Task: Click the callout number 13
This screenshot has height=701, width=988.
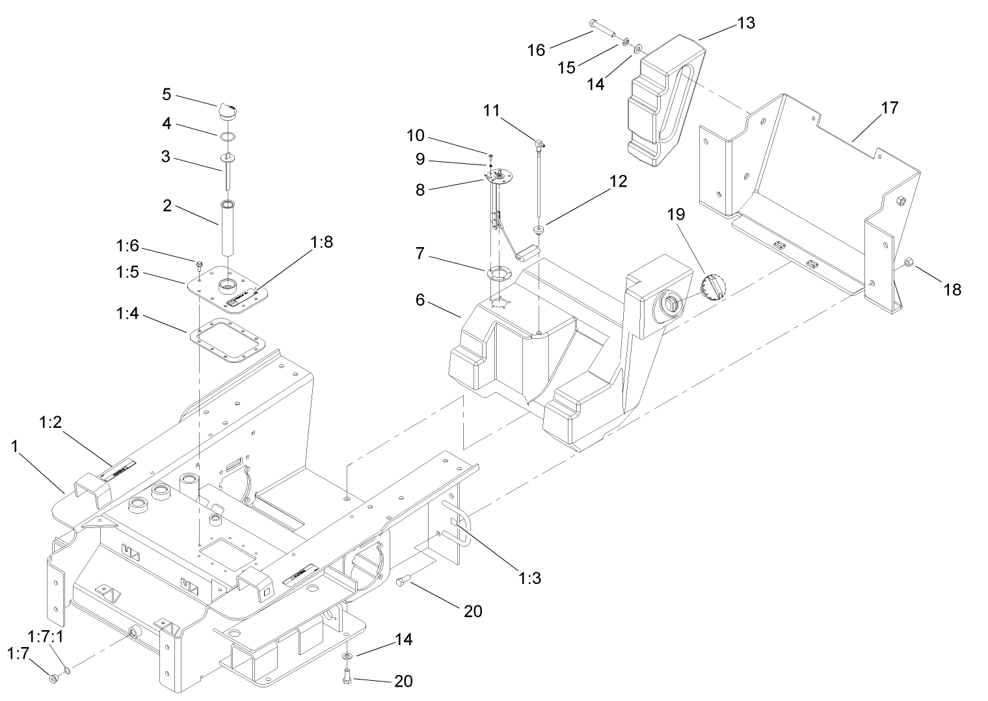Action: (746, 23)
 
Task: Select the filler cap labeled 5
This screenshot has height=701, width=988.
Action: (228, 111)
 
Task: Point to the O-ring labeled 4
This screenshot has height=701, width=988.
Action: (227, 137)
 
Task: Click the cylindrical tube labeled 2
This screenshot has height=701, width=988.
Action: (228, 229)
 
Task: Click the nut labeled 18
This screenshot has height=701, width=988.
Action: (909, 263)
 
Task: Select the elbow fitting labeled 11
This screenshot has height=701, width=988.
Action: (539, 142)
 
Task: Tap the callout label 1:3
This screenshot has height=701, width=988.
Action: (530, 577)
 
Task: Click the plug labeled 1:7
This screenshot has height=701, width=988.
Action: (53, 680)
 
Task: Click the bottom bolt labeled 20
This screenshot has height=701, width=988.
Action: (345, 677)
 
